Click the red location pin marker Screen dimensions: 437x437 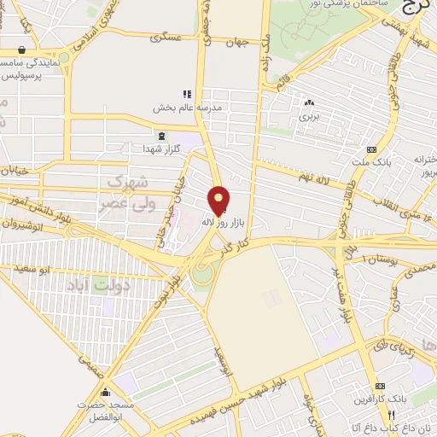pyautogui.click(x=218, y=200)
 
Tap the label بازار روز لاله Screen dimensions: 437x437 pyautogui.click(x=218, y=221)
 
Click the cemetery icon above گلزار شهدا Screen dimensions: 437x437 pyautogui.click(x=161, y=135)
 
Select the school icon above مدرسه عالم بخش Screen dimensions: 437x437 pyautogui.click(x=187, y=95)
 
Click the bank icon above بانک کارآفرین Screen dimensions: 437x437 pyautogui.click(x=381, y=387)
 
